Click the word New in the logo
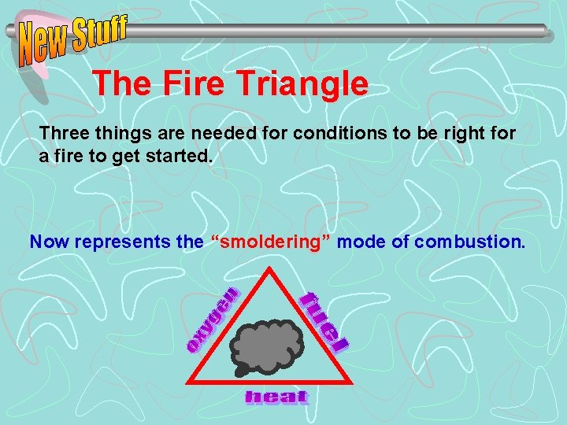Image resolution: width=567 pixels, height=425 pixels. pyautogui.click(x=44, y=45)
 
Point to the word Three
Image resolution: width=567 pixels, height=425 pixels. pyautogui.click(x=64, y=133)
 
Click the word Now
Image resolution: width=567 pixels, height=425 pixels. pyautogui.click(x=47, y=242)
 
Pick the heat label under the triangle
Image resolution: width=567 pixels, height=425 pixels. pyautogui.click(x=276, y=397)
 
